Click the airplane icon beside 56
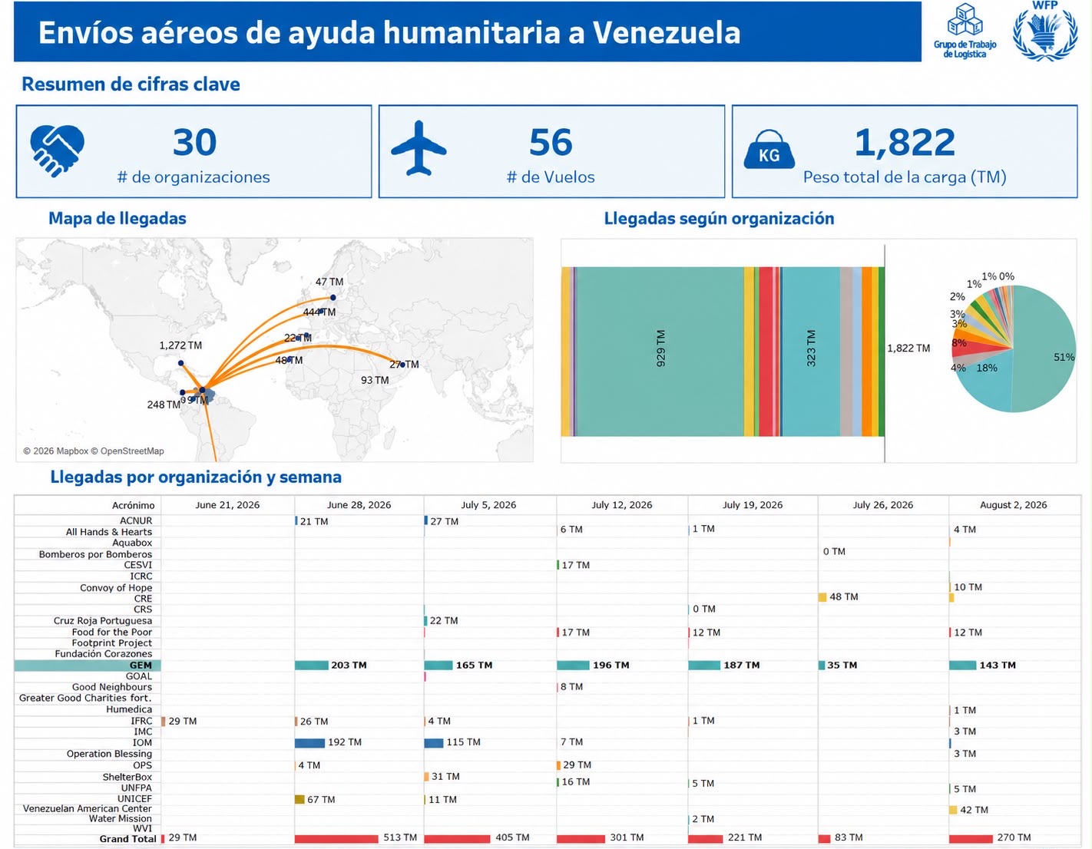(419, 148)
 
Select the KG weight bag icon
(769, 150)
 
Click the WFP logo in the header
(1044, 31)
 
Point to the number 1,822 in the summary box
(905, 142)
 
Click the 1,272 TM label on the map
(180, 345)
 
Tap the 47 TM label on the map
(329, 282)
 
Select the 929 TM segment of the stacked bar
(660, 351)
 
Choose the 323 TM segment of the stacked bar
(811, 351)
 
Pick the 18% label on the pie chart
(987, 368)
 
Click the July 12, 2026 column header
(621, 505)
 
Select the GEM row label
(141, 665)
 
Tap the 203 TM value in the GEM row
(349, 665)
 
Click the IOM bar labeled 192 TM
(309, 743)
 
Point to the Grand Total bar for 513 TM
(336, 838)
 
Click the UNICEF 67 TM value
(321, 799)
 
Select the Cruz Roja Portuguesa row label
(102, 621)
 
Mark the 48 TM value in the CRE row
(844, 596)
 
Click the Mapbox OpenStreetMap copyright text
(94, 451)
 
